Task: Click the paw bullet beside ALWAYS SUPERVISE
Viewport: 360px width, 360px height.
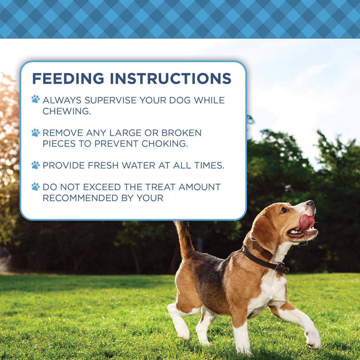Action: click(36, 99)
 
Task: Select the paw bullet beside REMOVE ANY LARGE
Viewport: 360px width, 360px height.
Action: click(36, 133)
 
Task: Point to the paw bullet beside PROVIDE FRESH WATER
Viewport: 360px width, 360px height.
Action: click(36, 165)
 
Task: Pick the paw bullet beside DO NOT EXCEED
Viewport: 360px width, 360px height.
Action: click(36, 186)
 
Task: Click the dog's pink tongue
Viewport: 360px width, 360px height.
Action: click(306, 222)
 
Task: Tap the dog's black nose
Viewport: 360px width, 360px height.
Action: click(310, 203)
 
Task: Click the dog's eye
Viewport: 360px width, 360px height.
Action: click(283, 210)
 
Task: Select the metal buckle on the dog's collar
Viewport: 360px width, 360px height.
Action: click(280, 267)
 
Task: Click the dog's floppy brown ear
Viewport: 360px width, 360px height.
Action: click(263, 232)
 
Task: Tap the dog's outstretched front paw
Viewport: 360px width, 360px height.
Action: click(313, 339)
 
